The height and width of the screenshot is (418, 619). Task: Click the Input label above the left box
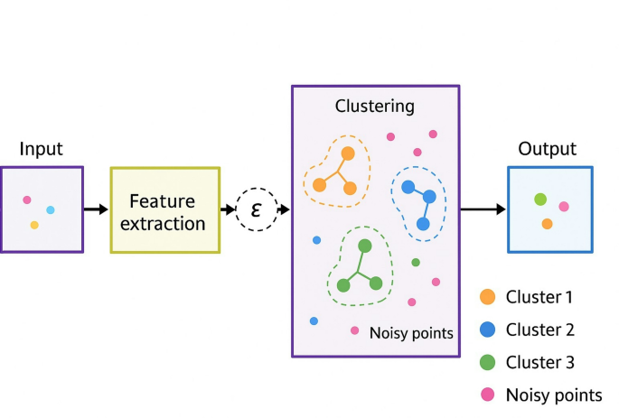pos(42,149)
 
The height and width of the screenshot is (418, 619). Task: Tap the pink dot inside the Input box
pos(27,200)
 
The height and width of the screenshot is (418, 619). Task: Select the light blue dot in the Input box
pos(51,210)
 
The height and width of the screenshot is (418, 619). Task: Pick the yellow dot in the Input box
pos(34,225)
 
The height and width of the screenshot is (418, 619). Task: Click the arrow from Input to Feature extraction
pos(95,209)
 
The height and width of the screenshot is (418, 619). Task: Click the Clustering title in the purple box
pos(374,107)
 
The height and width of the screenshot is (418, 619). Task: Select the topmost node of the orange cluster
pos(348,153)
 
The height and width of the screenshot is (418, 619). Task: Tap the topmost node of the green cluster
pos(365,246)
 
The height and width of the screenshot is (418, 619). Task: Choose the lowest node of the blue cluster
pos(423,224)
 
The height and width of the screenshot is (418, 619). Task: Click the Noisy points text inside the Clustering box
pos(411,333)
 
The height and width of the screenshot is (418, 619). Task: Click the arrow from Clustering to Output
pos(482,209)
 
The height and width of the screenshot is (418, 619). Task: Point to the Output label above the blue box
pos(547,149)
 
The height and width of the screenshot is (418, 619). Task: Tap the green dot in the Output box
pos(540,200)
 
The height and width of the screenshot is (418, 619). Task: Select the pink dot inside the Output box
pos(564,207)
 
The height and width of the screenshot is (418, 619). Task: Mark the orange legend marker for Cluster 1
pos(487,297)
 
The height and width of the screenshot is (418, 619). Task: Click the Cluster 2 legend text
pos(539,330)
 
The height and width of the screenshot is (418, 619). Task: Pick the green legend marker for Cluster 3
pos(487,363)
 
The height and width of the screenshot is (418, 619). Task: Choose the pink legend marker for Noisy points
pos(487,395)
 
